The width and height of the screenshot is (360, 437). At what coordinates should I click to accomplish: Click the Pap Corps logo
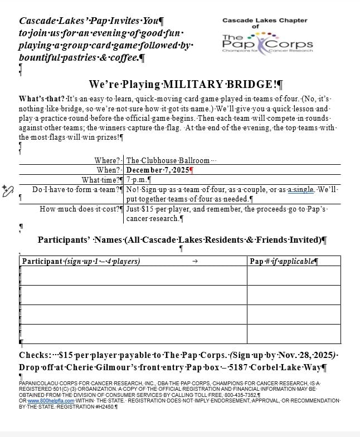267,42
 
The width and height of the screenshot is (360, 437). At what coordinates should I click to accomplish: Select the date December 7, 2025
158,170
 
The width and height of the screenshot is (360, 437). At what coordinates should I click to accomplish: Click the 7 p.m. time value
136,179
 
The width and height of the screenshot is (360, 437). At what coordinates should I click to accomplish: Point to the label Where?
108,160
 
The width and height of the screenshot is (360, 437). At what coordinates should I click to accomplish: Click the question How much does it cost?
81,209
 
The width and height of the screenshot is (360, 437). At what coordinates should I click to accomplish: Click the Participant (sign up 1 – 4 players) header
81,261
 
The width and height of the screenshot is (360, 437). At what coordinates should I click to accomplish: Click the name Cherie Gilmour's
104,367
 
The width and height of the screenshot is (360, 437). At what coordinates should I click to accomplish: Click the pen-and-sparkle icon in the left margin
8,190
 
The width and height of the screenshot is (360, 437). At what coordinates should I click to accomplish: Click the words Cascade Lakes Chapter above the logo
265,21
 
